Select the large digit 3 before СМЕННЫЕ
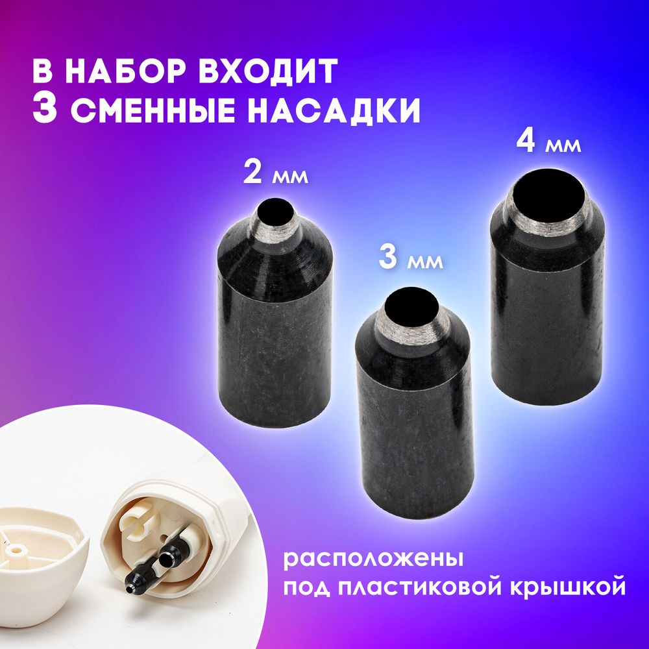coord(47,110)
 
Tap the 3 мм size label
coord(410,259)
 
